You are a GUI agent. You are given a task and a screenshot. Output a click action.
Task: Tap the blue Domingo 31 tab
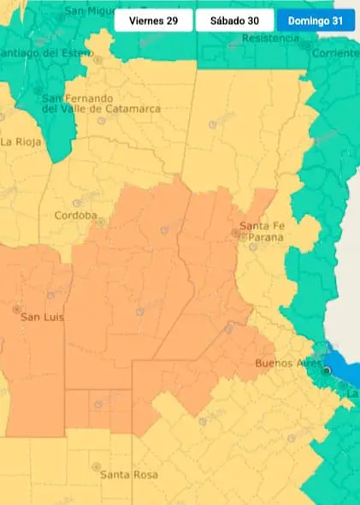pyautogui.click(x=315, y=21)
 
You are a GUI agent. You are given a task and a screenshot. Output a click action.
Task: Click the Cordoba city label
pyautogui.click(x=75, y=216)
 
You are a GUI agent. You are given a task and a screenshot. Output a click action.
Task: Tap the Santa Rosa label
pyautogui.click(x=126, y=474)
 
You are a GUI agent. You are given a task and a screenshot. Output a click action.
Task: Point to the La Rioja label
pyautogui.click(x=20, y=142)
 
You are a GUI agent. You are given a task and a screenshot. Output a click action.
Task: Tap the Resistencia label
pyautogui.click(x=272, y=39)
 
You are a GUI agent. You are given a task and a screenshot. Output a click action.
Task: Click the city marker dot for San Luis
pyautogui.click(x=15, y=308)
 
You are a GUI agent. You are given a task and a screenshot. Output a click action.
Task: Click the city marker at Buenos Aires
pyautogui.click(x=326, y=370)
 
